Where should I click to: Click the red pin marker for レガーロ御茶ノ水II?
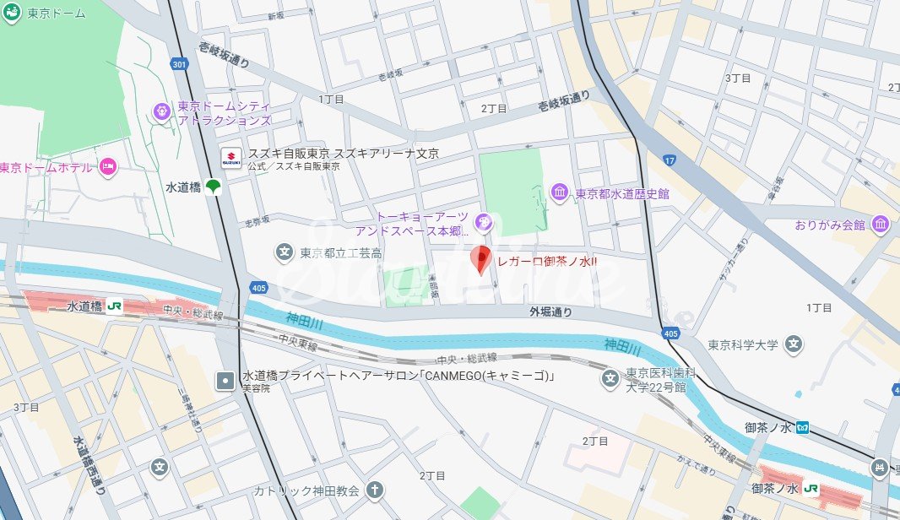480,259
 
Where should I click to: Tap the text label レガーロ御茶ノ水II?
547,262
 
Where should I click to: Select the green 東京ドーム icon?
12,14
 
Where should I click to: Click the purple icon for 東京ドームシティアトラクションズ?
161,111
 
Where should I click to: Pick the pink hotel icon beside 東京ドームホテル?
106,168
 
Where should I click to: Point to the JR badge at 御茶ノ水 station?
812,488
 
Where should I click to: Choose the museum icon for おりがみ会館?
881,225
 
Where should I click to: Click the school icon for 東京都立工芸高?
285,252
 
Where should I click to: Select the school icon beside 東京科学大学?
793,344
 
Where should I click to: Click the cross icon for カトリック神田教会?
374,490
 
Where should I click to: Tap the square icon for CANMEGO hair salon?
225,381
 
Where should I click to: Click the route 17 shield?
670,160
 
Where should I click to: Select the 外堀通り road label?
550,312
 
